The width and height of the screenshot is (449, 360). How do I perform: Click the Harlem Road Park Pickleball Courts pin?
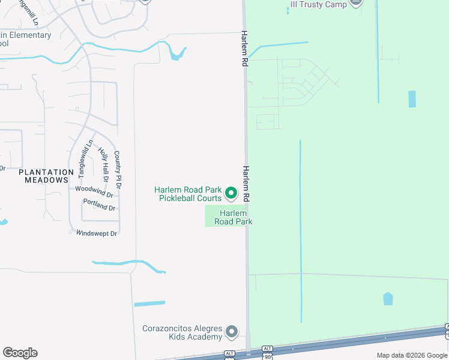231,193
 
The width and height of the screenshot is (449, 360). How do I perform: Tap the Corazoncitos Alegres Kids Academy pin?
232,332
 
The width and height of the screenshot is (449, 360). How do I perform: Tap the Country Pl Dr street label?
118,170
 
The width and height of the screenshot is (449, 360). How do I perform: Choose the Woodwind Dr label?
94,191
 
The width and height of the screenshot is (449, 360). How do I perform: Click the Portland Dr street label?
99,205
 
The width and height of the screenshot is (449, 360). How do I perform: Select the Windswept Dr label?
96,233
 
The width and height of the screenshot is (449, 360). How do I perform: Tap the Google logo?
20,353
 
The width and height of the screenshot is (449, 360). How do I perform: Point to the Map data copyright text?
412,355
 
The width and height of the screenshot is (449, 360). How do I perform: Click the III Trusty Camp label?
318,4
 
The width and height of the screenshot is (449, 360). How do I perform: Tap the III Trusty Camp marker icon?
356,2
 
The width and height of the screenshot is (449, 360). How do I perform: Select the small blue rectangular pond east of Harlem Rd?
412,99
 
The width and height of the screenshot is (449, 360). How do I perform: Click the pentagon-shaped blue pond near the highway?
388,298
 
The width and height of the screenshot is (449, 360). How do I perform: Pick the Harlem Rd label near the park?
246,184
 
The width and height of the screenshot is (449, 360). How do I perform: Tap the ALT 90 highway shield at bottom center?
268,354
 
